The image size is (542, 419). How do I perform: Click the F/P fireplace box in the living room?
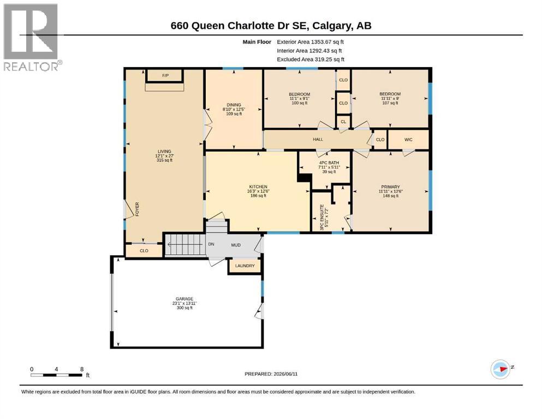point(165,75)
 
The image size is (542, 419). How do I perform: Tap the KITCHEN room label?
point(259,187)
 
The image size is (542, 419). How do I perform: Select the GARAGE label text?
point(184,299)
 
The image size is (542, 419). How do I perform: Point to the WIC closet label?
point(408,140)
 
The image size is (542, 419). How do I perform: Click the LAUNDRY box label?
point(245,266)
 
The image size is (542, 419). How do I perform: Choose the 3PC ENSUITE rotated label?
point(322,217)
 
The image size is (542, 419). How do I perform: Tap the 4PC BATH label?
point(329,163)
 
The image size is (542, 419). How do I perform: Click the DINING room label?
point(234,105)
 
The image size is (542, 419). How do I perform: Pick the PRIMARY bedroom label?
point(391,187)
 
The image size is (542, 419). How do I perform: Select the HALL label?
point(318,139)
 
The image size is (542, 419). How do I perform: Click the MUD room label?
point(236,245)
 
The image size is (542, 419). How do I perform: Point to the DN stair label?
point(211,244)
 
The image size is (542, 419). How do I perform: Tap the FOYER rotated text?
point(137,209)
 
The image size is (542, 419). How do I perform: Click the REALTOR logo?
point(32,37)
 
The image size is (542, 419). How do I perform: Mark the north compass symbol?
point(501,369)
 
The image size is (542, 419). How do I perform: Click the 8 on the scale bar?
point(82,369)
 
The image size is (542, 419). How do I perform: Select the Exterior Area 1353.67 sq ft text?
point(311,42)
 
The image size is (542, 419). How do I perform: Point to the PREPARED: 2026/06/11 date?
point(271,374)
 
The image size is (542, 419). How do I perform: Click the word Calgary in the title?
point(333,26)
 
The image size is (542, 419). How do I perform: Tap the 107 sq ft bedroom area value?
point(390,103)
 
